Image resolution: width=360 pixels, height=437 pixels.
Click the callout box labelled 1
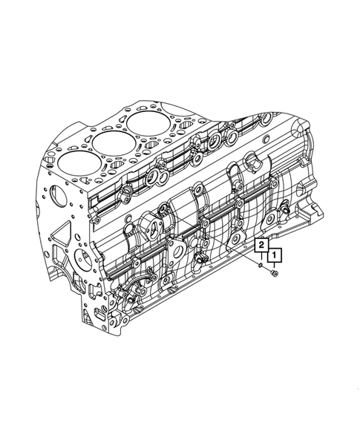click(275, 255)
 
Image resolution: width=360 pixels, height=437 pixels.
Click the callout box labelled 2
click(261, 246)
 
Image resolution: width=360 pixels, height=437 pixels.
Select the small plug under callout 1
click(274, 274)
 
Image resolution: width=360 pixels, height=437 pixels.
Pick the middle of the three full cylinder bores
click(113, 142)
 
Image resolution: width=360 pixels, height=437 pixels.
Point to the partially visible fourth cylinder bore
click(175, 111)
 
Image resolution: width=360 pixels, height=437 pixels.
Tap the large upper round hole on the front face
click(58, 197)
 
